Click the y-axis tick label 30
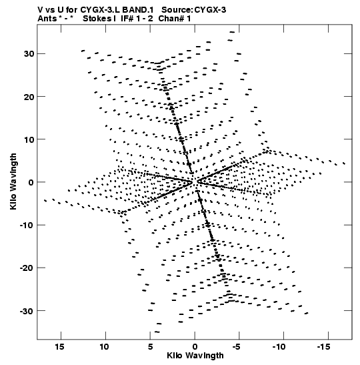point(29,54)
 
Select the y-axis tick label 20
point(29,97)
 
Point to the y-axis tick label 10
point(29,139)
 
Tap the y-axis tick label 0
point(31,182)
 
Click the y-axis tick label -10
point(27,225)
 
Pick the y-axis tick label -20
point(27,268)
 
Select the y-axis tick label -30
point(27,311)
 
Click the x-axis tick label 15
point(59,346)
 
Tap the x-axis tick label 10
point(105,346)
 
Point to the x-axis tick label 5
point(150,346)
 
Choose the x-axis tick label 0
point(195,346)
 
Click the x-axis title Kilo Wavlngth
point(195,356)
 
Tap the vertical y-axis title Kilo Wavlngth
point(13,181)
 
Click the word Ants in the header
point(47,19)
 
